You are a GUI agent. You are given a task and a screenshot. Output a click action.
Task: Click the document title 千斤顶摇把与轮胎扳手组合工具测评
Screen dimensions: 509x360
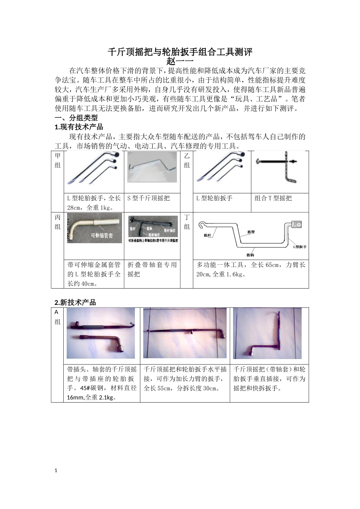[180, 52]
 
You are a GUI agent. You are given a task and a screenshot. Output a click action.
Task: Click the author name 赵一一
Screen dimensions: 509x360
[180, 61]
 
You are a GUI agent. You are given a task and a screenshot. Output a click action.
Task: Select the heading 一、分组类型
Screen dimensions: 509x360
[76, 118]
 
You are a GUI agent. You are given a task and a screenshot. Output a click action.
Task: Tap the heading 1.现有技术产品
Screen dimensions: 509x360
[79, 127]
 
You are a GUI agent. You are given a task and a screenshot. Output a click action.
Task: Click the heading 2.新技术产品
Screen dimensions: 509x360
[75, 302]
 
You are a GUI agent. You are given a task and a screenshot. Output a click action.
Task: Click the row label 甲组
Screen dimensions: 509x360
[58, 160]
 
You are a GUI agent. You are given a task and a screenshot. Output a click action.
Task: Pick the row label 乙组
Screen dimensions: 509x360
[187, 160]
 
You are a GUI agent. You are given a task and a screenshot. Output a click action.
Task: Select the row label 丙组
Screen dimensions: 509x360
[58, 222]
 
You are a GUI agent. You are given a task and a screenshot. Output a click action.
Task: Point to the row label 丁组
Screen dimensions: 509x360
[187, 222]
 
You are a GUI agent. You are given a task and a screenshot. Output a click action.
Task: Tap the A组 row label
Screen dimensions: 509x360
[57, 317]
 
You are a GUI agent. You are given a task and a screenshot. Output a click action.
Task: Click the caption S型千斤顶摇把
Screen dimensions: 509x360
[148, 198]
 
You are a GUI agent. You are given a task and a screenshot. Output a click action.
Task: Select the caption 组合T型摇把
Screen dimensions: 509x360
[273, 198]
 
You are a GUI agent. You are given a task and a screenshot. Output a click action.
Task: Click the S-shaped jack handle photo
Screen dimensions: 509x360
[152, 167]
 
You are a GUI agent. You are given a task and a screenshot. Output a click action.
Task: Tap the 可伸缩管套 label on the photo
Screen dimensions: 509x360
[102, 236]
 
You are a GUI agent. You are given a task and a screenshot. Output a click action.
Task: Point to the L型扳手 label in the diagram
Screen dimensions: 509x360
[299, 247]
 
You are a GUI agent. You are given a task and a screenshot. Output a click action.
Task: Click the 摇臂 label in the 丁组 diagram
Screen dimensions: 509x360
[251, 231]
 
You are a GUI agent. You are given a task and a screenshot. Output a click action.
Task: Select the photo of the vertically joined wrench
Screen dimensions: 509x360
[268, 333]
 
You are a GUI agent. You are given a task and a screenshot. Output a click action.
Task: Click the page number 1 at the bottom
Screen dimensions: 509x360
[56, 471]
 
